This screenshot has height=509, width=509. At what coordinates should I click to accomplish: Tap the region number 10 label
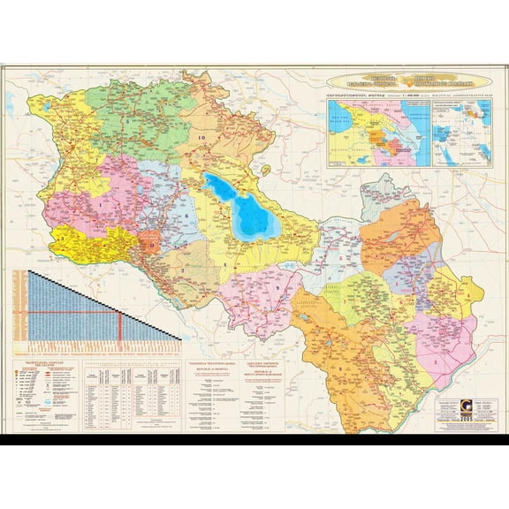(201, 138)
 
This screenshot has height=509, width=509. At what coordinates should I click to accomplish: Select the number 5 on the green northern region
(127, 119)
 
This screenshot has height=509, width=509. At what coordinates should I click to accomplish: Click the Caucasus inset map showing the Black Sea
(377, 133)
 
